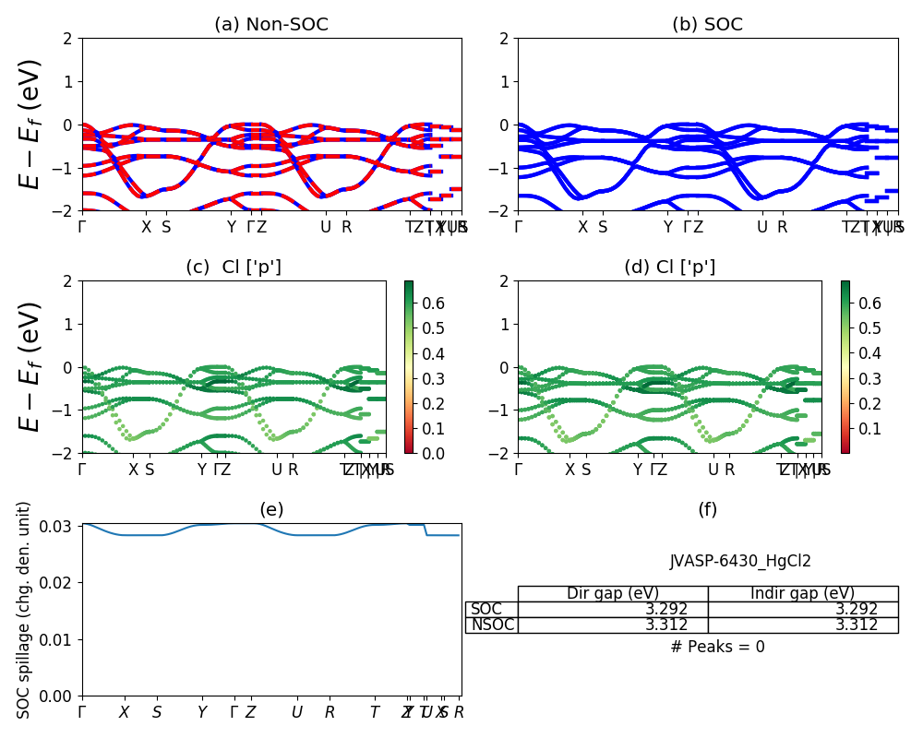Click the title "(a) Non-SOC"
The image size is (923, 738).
pyautogui.click(x=271, y=25)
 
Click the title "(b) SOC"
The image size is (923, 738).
pyautogui.click(x=707, y=25)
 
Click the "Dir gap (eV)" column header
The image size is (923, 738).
pyautogui.click(x=613, y=593)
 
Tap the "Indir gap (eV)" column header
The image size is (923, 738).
pyautogui.click(x=803, y=593)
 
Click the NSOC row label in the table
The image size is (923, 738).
pyautogui.click(x=492, y=625)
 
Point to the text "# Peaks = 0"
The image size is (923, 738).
pyautogui.click(x=717, y=647)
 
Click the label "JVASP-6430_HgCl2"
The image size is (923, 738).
pyautogui.click(x=740, y=561)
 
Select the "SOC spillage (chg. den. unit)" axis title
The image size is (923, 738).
pyautogui.click(x=25, y=610)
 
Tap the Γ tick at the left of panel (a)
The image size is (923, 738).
pyautogui.click(x=83, y=227)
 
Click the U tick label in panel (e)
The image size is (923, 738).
pyautogui.click(x=296, y=712)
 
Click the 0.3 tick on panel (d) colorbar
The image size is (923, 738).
pyautogui.click(x=869, y=378)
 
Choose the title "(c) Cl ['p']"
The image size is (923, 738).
pyautogui.click(x=234, y=268)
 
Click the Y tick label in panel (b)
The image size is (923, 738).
pyautogui.click(x=667, y=227)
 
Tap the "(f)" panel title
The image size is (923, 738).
pyautogui.click(x=707, y=509)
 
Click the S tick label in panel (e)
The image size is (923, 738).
pyautogui.click(x=157, y=712)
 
